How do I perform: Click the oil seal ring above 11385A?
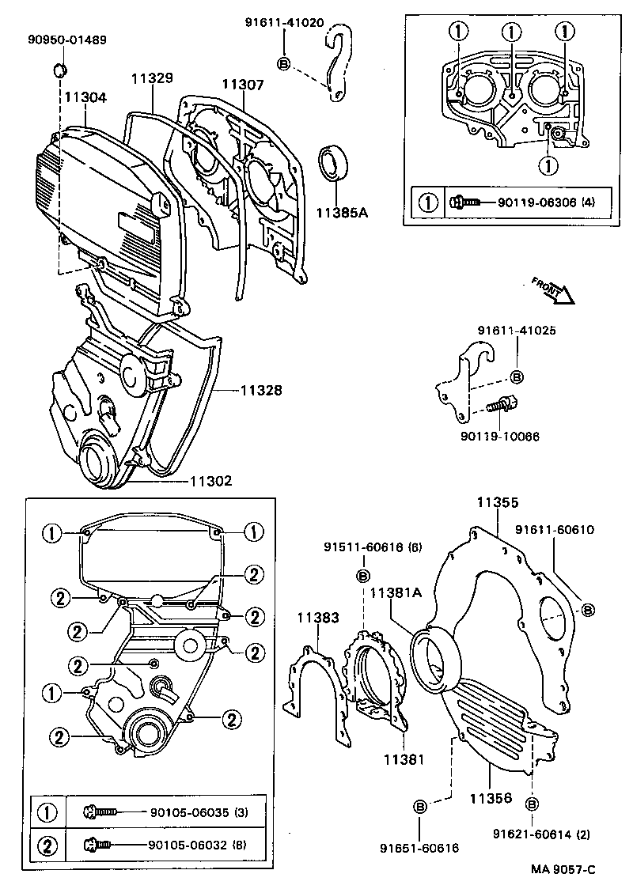(x=333, y=164)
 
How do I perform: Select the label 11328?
(x=256, y=391)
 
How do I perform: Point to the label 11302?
(x=210, y=481)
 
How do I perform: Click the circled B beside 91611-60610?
(x=588, y=608)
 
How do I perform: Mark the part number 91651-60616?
(x=420, y=847)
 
